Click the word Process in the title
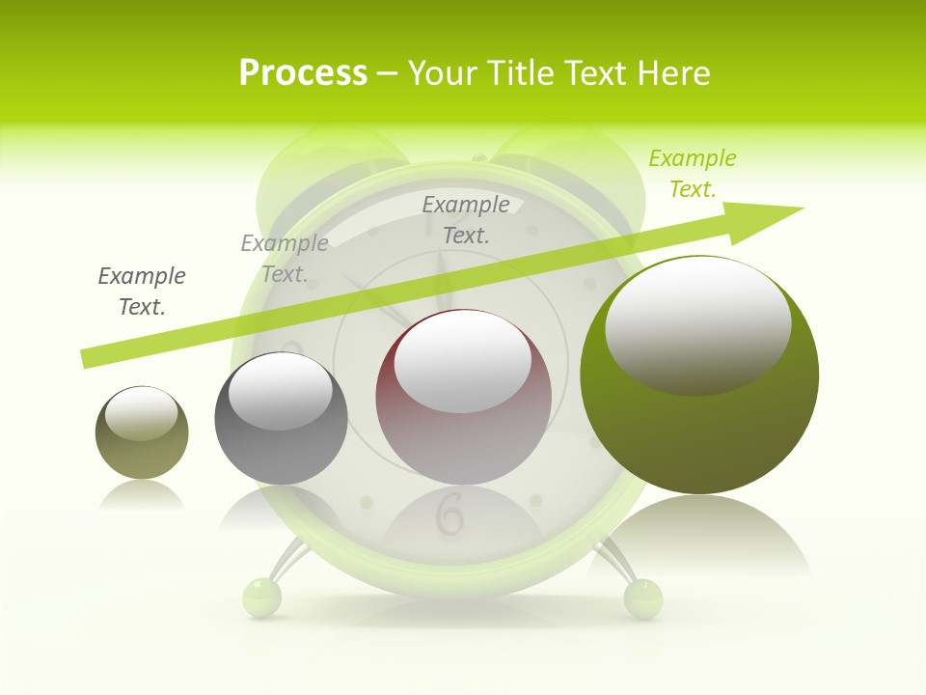tap(303, 73)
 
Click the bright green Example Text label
tap(693, 174)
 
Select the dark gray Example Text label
tap(142, 292)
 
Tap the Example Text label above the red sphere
tap(466, 219)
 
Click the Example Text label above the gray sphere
tap(285, 259)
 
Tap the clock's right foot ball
tap(643, 598)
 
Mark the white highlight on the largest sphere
tap(697, 323)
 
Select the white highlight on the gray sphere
tap(281, 391)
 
